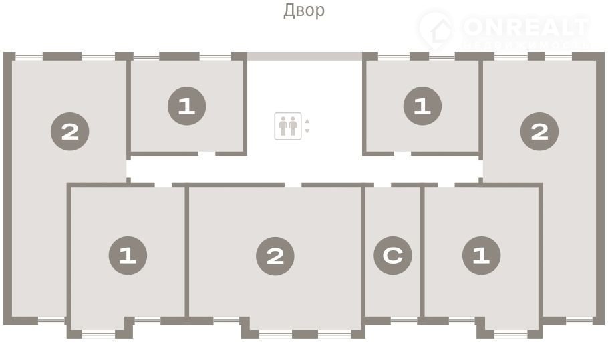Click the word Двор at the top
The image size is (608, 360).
pyautogui.click(x=304, y=11)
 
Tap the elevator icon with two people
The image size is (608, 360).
pyautogui.click(x=288, y=126)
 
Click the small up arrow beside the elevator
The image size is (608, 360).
pyautogui.click(x=307, y=122)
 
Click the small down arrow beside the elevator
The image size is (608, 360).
pyautogui.click(x=307, y=131)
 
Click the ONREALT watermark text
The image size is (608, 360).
pyautogui.click(x=525, y=28)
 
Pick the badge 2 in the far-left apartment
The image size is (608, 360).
pyautogui.click(x=70, y=132)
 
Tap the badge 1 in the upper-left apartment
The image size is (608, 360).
pyautogui.click(x=186, y=106)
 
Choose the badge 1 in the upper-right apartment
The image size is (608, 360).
pyautogui.click(x=422, y=106)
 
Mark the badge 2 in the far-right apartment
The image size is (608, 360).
pyautogui.click(x=540, y=132)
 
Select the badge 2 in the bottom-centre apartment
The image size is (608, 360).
pyautogui.click(x=275, y=256)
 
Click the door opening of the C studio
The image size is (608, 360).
pyautogui.click(x=382, y=184)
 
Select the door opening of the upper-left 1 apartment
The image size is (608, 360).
pyautogui.click(x=206, y=154)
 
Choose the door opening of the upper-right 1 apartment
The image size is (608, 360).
pyautogui.click(x=402, y=154)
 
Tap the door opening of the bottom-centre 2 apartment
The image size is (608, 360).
pyautogui.click(x=293, y=184)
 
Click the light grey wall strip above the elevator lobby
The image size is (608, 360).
pyautogui.click(x=305, y=57)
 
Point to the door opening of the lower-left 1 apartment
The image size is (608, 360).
pyautogui.click(x=163, y=184)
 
